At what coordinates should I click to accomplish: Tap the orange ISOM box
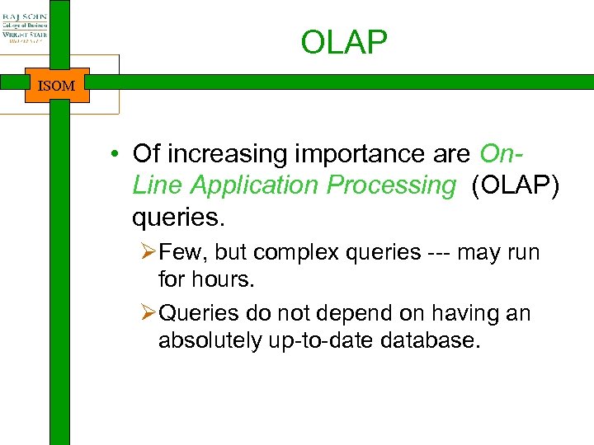tap(57, 85)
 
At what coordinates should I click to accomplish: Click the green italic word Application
tap(254, 185)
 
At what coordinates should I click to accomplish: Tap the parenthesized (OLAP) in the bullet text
tap(515, 185)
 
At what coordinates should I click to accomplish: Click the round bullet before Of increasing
tap(119, 154)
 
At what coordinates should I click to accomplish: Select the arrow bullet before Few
tap(148, 252)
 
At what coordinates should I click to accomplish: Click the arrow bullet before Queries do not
tap(148, 314)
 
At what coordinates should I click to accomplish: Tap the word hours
tap(224, 280)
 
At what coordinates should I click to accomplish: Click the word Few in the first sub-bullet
tap(177, 252)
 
